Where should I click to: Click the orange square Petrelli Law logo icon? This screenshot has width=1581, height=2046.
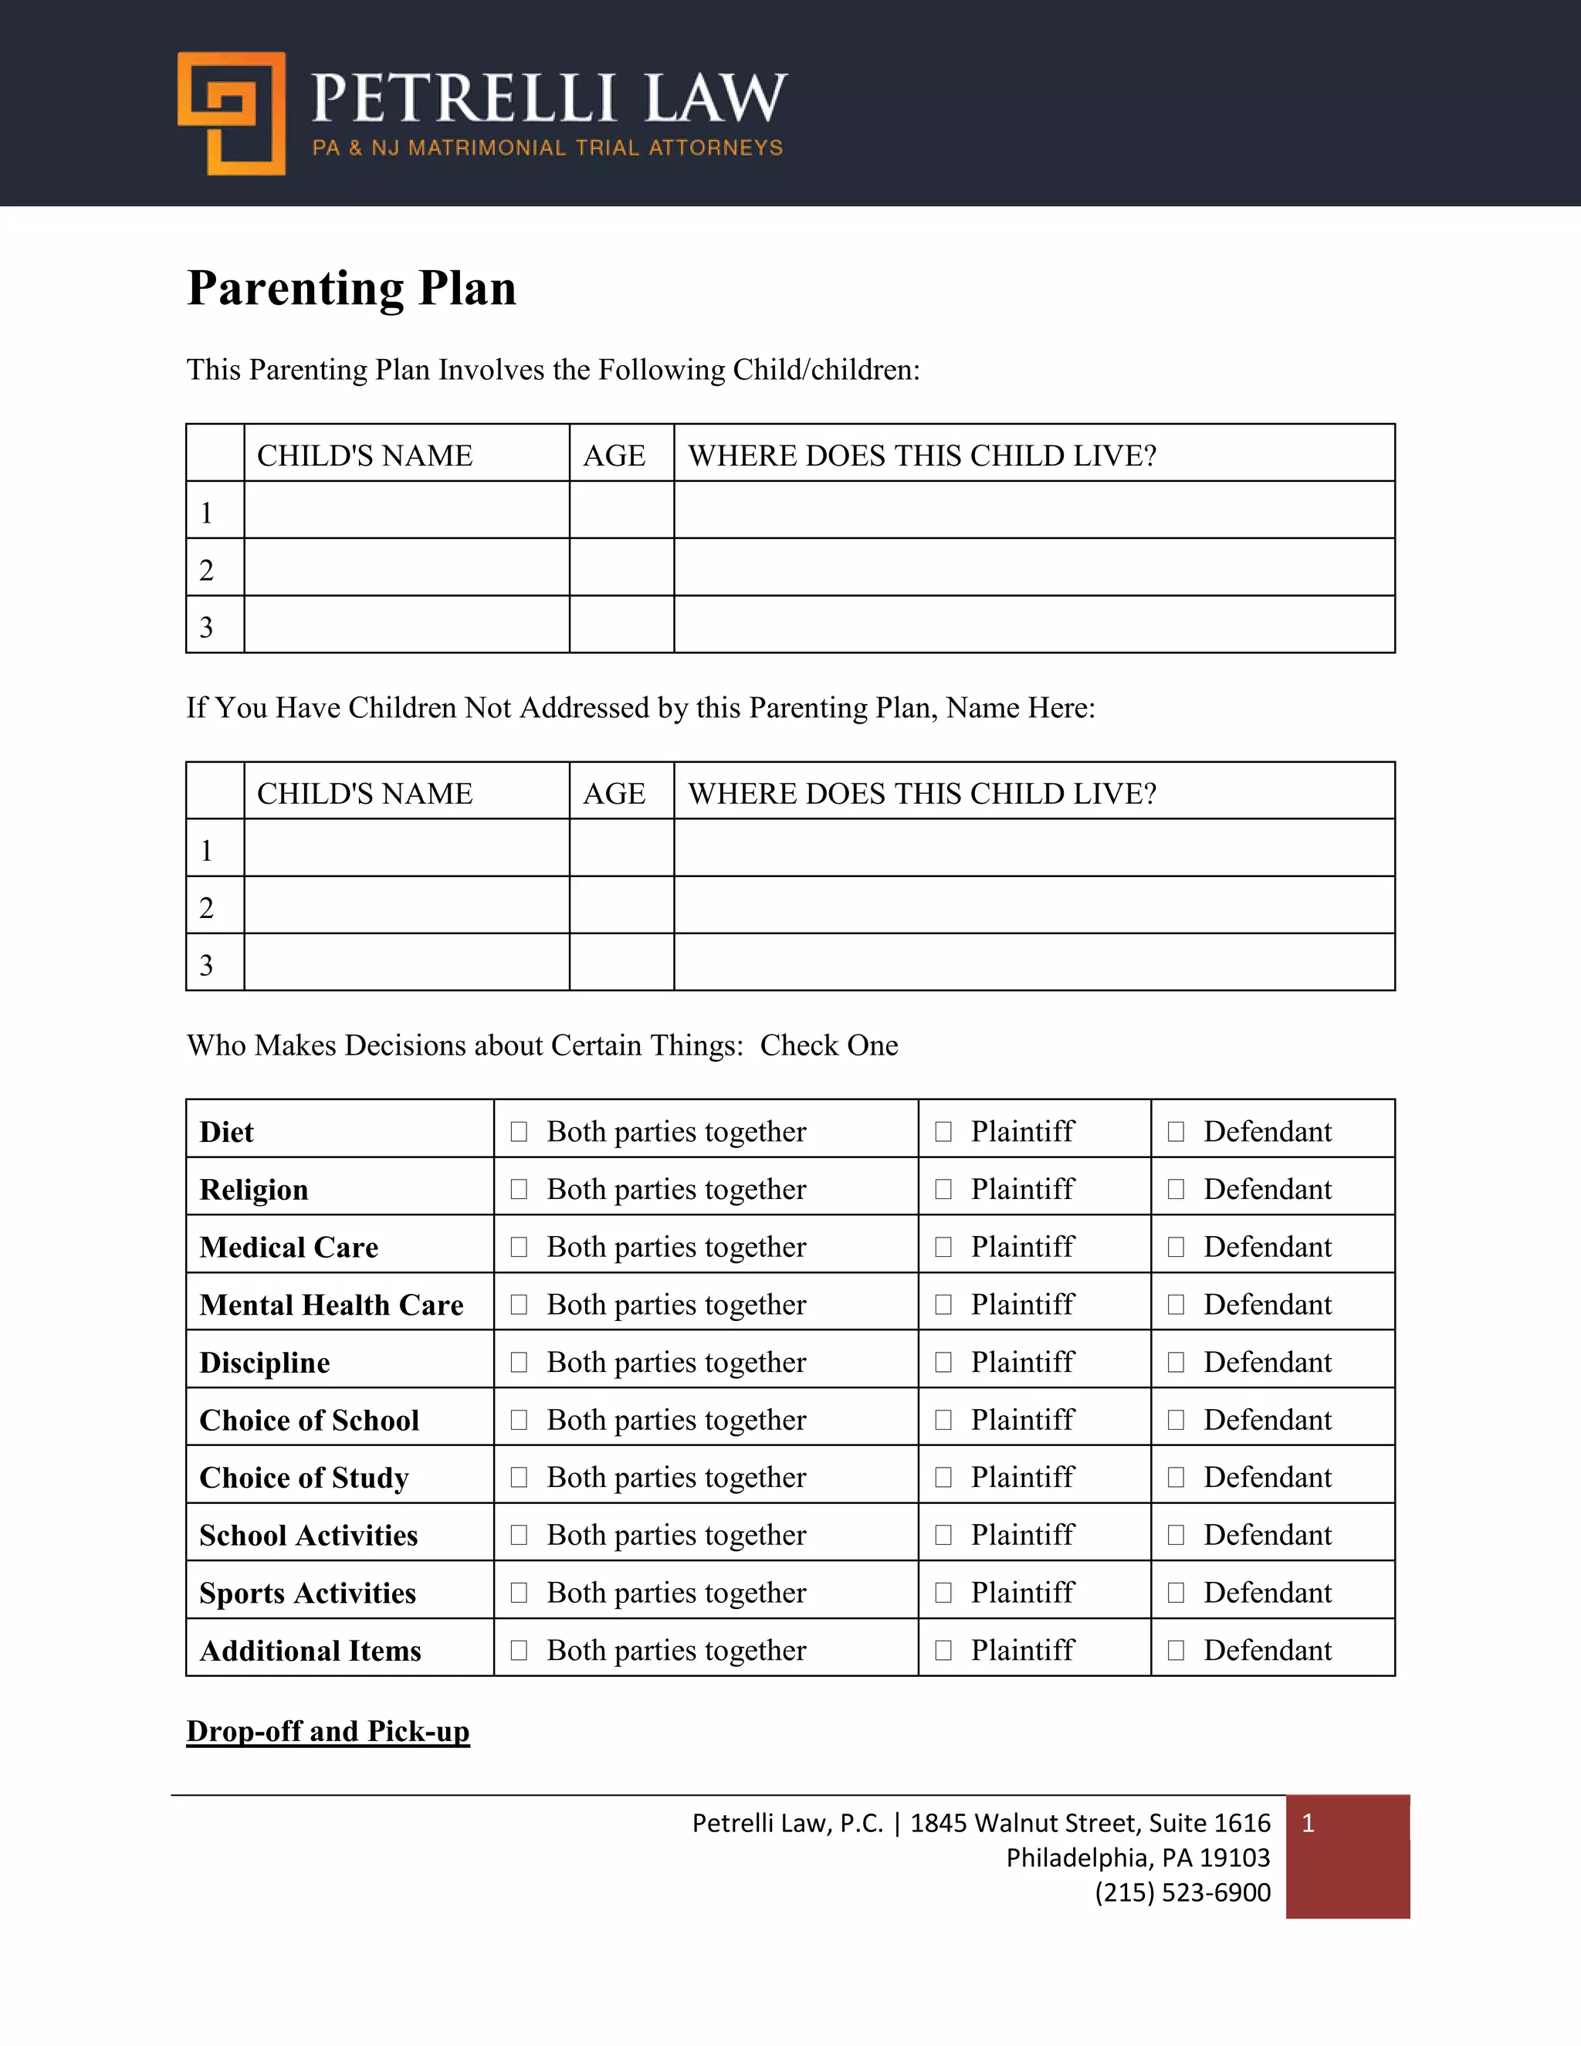point(232,113)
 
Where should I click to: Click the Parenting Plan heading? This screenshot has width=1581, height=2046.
point(351,288)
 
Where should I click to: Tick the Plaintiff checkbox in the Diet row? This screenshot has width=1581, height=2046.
point(943,1132)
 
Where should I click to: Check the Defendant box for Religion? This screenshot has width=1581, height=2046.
point(1176,1189)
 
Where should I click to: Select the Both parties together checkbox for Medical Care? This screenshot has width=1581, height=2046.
point(519,1247)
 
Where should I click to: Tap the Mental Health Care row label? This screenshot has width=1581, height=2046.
point(331,1305)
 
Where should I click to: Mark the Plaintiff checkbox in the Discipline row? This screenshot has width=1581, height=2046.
point(943,1362)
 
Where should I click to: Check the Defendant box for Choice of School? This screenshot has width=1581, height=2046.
point(1176,1420)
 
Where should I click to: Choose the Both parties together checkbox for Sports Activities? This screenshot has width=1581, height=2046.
point(519,1593)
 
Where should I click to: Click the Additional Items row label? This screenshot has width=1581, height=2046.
point(310,1651)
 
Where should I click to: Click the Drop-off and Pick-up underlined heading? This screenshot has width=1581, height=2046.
point(328,1731)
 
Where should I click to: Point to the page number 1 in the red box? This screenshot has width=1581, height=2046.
point(1308,1823)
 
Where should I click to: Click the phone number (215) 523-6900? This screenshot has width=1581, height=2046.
point(1182,1892)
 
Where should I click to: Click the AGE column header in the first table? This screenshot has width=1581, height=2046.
point(614,456)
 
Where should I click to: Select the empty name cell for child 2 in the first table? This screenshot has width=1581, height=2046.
point(407,567)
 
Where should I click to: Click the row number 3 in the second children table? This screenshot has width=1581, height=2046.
point(207,964)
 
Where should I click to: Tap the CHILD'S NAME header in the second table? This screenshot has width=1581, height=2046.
point(364,794)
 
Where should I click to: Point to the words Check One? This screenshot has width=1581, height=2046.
point(829,1045)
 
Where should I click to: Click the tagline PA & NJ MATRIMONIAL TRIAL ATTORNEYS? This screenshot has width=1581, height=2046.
point(547,148)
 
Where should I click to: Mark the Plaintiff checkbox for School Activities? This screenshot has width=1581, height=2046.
point(943,1535)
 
